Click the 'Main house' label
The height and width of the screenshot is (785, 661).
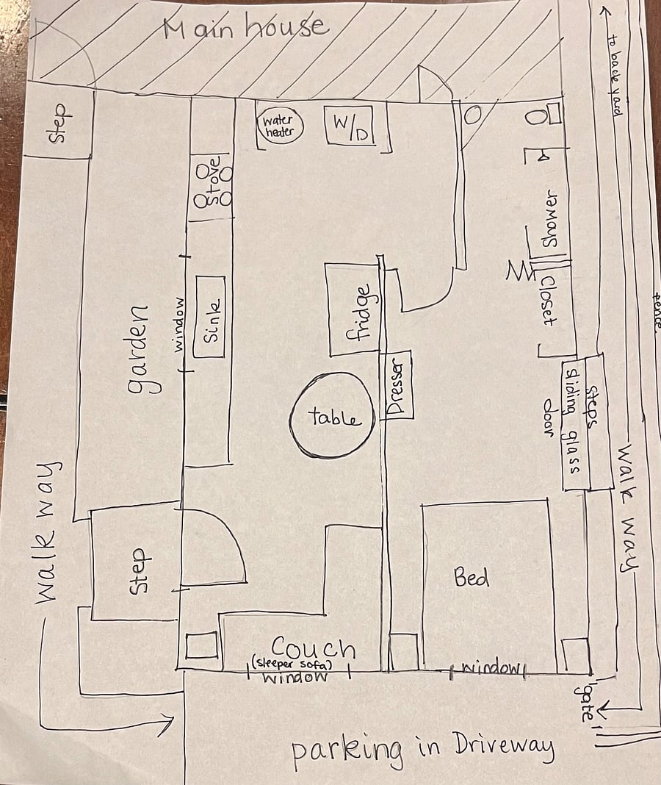[x=246, y=27]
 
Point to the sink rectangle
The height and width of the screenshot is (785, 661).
[x=209, y=316]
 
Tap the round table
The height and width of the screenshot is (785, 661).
[x=332, y=415]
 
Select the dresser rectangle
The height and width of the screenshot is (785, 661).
[x=397, y=385]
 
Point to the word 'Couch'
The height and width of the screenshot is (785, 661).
[x=314, y=648]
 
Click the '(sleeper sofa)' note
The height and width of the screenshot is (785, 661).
[x=292, y=664]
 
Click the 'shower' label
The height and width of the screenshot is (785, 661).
[x=549, y=218]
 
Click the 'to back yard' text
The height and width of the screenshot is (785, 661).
[x=615, y=75]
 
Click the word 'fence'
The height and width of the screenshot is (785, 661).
[x=657, y=310]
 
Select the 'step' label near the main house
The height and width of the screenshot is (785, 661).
[x=59, y=123]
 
